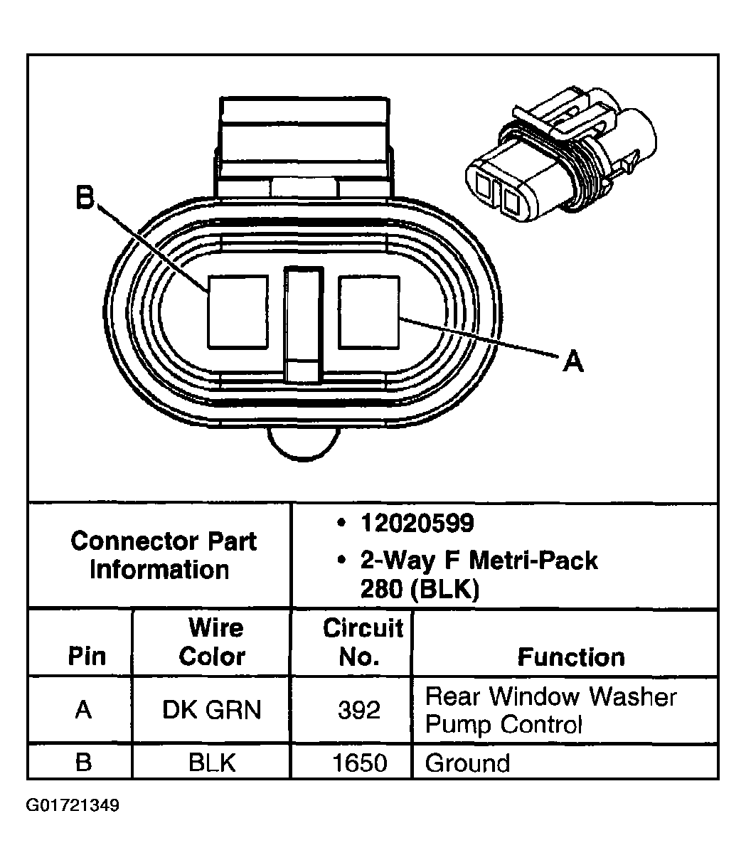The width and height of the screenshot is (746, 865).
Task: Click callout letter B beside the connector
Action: tap(85, 198)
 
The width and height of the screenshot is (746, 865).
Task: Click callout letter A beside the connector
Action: tap(572, 362)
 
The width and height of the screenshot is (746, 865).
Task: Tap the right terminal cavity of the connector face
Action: tap(369, 312)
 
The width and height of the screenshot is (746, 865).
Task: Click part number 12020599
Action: tap(416, 524)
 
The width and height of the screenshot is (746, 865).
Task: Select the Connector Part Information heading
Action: tap(163, 555)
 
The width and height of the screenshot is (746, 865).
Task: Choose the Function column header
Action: tap(570, 657)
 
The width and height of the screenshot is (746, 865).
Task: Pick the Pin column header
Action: tap(86, 657)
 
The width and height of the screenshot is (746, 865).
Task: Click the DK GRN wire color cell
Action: tap(211, 710)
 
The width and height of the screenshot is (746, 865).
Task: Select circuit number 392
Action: tap(359, 710)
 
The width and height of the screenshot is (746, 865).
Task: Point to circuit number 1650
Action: tap(360, 763)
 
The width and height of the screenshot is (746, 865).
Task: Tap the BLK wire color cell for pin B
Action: tap(211, 763)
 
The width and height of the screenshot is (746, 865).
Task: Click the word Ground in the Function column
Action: tap(467, 763)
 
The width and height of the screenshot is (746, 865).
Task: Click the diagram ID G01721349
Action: tap(73, 806)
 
